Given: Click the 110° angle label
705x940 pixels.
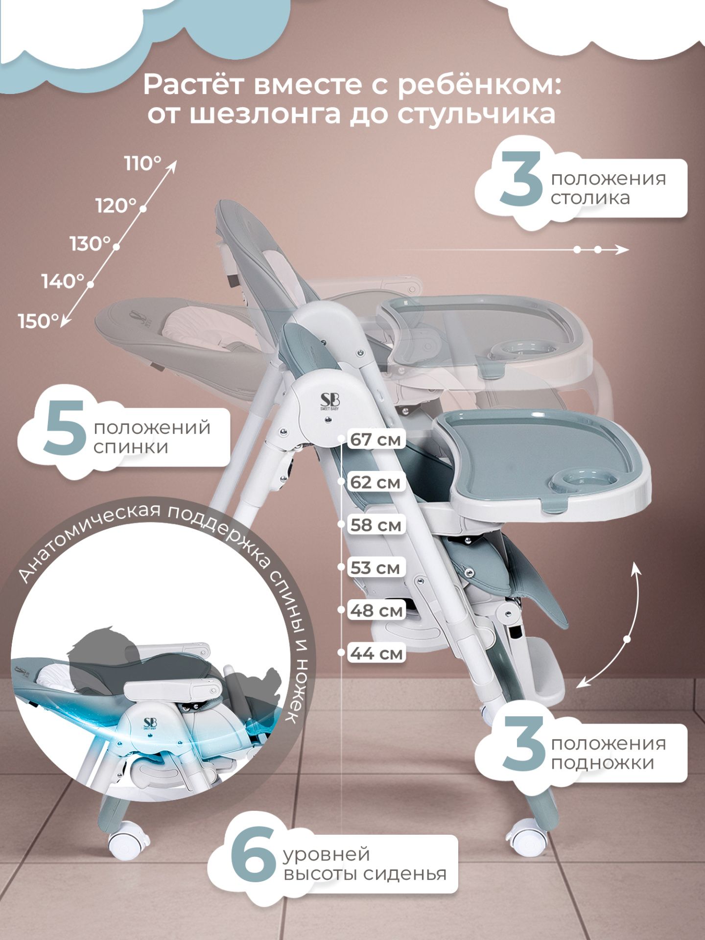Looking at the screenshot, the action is [x=142, y=164].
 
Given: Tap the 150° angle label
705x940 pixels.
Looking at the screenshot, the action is [x=38, y=322].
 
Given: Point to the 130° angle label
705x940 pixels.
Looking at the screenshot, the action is [x=91, y=244].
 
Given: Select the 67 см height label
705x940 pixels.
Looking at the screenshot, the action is [x=375, y=440].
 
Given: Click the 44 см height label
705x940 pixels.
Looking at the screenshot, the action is [x=376, y=653].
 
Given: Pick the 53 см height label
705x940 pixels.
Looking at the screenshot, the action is [x=375, y=568].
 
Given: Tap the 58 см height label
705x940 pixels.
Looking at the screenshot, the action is [x=376, y=525].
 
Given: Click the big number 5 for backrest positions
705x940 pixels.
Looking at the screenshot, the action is [x=65, y=429].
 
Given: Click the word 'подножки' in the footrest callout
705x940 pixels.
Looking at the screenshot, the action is [x=603, y=763].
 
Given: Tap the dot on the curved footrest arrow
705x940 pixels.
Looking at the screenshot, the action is [x=627, y=639].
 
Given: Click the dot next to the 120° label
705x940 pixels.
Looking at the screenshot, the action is [x=143, y=209].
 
